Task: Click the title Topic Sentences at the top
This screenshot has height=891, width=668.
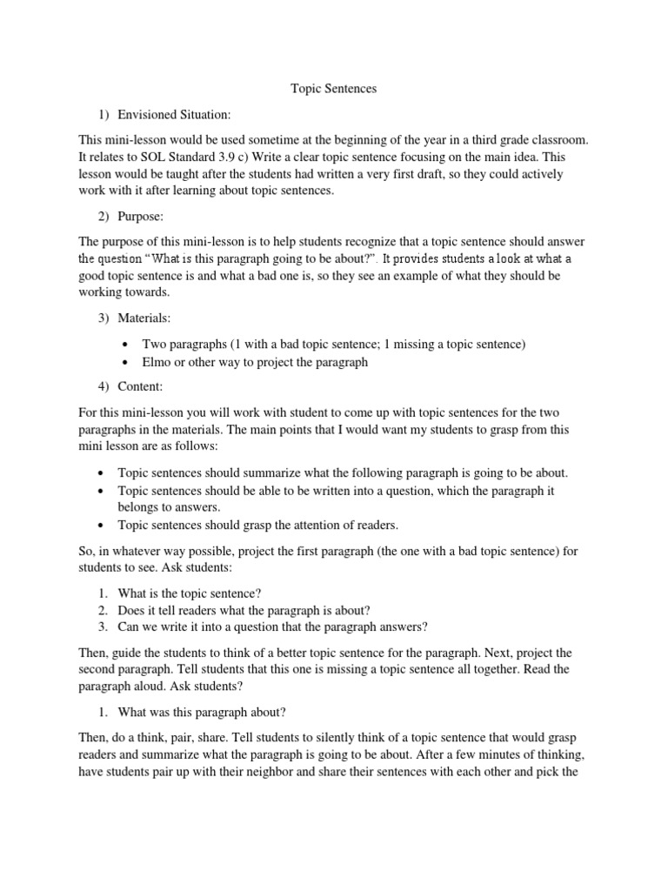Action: tap(333, 88)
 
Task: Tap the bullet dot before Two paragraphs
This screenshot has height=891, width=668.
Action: tap(127, 345)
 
